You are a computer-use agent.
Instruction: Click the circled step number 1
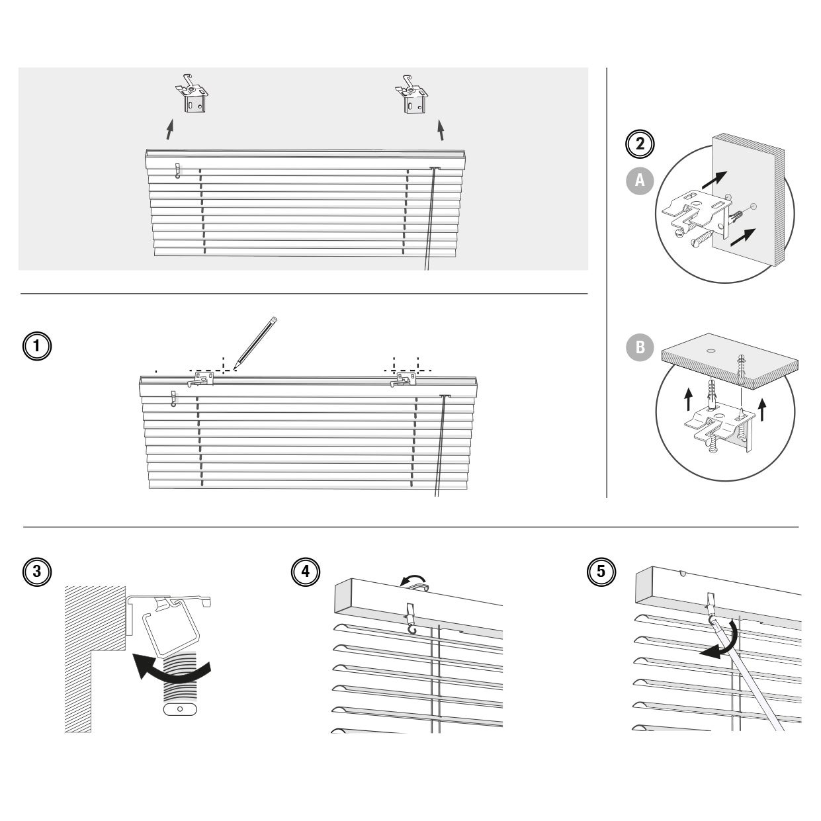(37, 345)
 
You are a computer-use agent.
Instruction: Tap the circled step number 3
(37, 571)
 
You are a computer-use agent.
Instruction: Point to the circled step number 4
(305, 571)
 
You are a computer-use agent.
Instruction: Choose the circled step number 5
(601, 571)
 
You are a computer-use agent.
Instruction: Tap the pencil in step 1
(255, 341)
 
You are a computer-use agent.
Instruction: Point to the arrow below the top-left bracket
(170, 130)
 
